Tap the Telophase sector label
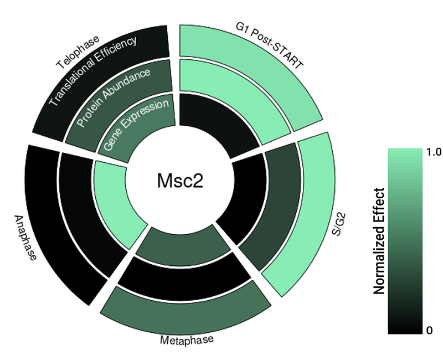(x=78, y=52)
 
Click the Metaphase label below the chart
(x=187, y=339)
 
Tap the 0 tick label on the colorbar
(x=430, y=331)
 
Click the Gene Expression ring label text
(x=136, y=126)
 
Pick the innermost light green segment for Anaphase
(x=114, y=202)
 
